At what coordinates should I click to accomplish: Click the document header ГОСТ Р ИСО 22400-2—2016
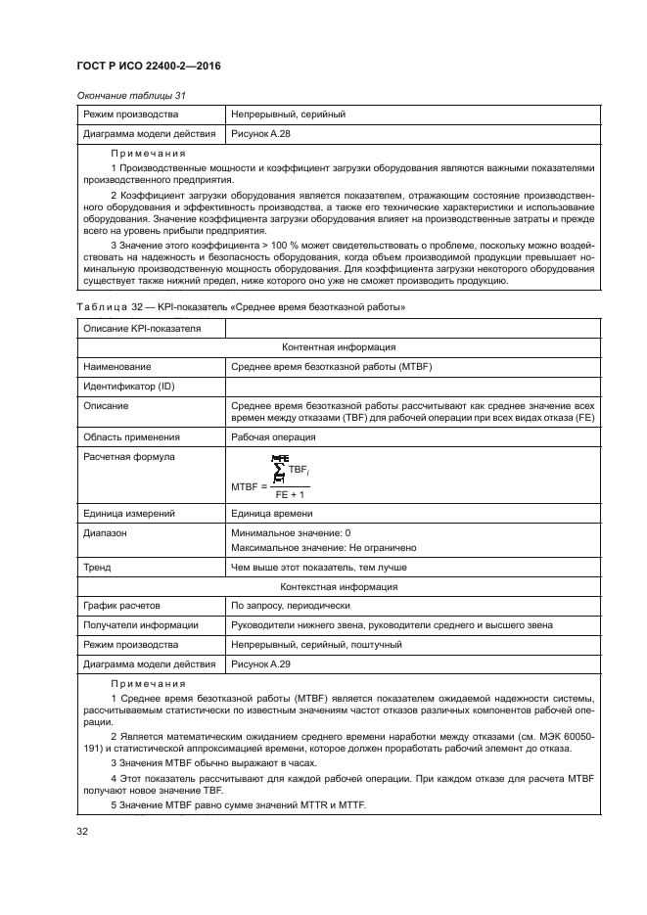147,65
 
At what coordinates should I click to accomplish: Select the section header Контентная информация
339,346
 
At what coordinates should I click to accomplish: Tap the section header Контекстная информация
339,587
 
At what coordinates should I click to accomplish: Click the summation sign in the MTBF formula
279,472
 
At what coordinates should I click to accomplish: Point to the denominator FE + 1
290,494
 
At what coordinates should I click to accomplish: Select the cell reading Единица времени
271,514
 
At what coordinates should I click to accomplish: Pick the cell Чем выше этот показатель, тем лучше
318,567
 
